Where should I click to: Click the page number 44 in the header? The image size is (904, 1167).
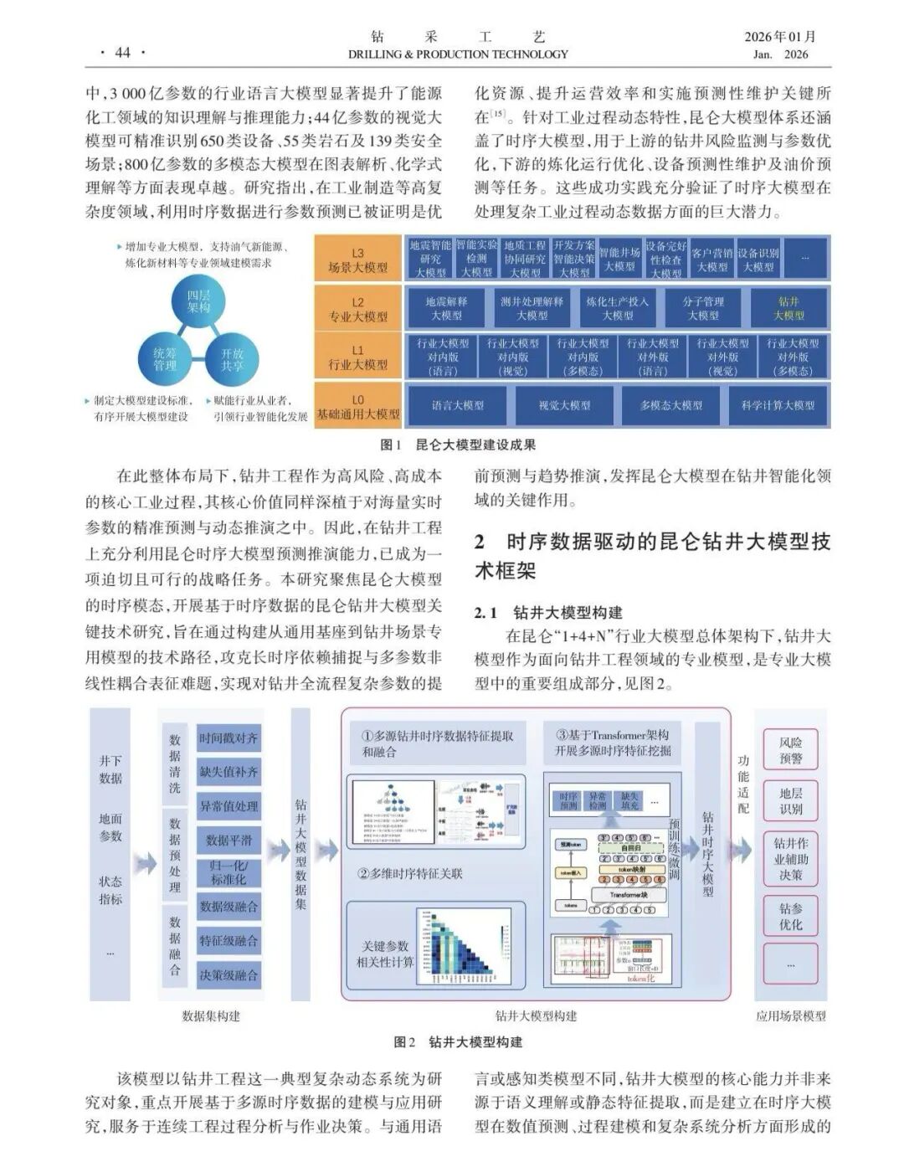pyautogui.click(x=122, y=53)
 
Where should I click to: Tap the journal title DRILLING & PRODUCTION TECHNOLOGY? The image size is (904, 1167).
pyautogui.click(x=458, y=54)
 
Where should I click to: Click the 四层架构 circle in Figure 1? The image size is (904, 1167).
pyautogui.click(x=198, y=302)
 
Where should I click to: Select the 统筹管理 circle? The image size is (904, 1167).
pyautogui.click(x=164, y=359)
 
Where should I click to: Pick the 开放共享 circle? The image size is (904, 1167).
pyautogui.click(x=232, y=359)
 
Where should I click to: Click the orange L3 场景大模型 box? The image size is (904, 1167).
pyautogui.click(x=357, y=260)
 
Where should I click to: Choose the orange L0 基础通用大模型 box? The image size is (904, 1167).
pyautogui.click(x=357, y=407)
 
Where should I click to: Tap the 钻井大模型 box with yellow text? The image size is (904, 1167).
pyautogui.click(x=788, y=308)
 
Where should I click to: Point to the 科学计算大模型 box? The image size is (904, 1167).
pyautogui.click(x=778, y=405)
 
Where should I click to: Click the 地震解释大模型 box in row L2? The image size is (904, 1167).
pyautogui.click(x=446, y=308)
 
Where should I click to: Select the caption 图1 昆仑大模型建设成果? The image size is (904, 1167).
pyautogui.click(x=458, y=445)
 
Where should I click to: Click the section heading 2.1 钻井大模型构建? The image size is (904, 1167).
pyautogui.click(x=548, y=613)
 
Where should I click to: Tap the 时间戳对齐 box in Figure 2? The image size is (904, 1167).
pyautogui.click(x=229, y=738)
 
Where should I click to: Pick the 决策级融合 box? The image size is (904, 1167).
pyautogui.click(x=229, y=974)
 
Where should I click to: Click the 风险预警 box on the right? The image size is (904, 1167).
pyautogui.click(x=790, y=750)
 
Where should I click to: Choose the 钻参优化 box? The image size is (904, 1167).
pyautogui.click(x=790, y=916)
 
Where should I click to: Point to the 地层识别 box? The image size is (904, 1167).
pyautogui.click(x=790, y=800)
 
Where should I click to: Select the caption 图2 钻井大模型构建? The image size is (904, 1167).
pyautogui.click(x=458, y=1042)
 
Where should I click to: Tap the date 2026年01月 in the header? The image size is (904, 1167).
pyautogui.click(x=780, y=37)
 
